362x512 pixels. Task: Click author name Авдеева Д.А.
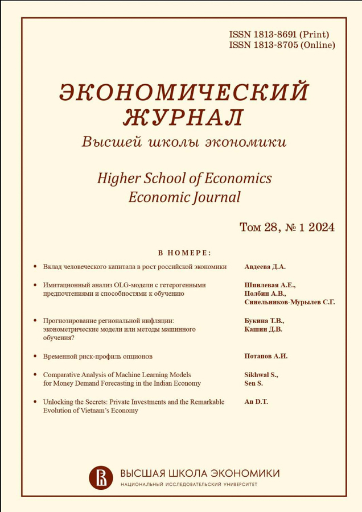tap(266, 266)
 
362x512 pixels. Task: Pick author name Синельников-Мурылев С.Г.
tap(289, 303)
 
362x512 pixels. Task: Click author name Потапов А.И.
tap(266, 356)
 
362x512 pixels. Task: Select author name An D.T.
tap(256, 402)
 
